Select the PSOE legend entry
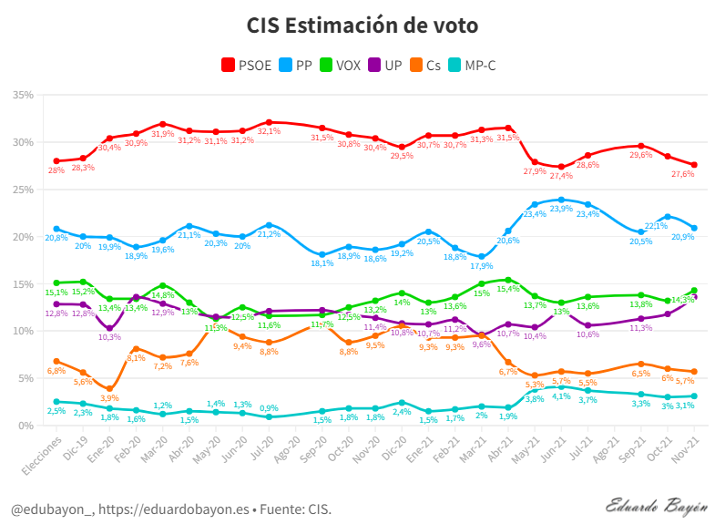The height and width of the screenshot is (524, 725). (247, 66)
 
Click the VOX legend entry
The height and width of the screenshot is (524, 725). (339, 66)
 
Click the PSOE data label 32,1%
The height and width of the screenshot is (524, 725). (269, 131)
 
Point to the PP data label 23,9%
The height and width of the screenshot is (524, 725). (561, 209)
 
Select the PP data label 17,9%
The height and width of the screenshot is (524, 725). (482, 266)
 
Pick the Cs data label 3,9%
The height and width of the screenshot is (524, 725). (109, 398)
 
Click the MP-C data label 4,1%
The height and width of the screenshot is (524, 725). (561, 396)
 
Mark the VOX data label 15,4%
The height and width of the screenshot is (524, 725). (508, 289)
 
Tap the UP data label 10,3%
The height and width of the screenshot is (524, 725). (109, 337)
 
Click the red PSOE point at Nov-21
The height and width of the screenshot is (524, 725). (694, 165)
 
